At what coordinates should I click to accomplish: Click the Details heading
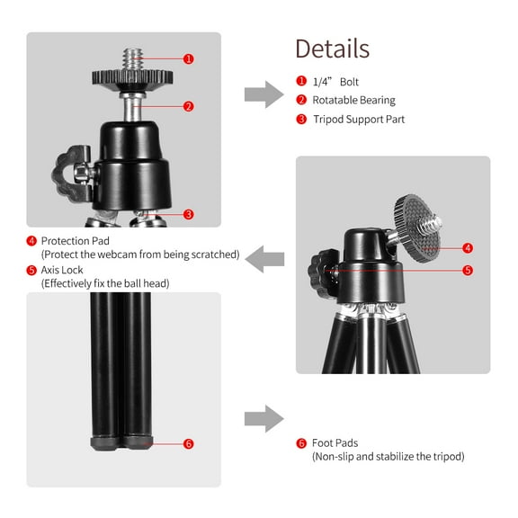[332, 49]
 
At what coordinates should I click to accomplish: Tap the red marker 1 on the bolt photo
[189, 58]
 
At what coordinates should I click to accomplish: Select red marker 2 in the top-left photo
[189, 106]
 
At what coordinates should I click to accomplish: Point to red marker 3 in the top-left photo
[189, 214]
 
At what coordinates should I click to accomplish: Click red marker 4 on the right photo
[468, 247]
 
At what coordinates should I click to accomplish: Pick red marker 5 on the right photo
[468, 270]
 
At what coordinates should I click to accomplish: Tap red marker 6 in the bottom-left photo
[188, 443]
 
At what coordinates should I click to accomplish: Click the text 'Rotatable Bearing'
[353, 100]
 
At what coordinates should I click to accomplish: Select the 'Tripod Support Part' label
[358, 119]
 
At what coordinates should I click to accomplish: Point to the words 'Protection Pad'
[77, 241]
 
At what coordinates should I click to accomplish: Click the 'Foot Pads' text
[335, 443]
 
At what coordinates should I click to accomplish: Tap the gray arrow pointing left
[267, 258]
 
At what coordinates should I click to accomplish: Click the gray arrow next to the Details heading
[263, 94]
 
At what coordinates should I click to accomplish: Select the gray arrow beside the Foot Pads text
[263, 418]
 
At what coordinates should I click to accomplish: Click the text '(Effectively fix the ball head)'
[105, 283]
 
